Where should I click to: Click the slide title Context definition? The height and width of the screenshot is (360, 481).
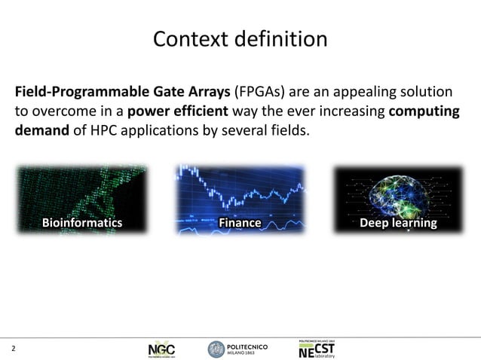pos(240,38)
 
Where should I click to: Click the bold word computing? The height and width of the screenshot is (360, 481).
pos(424,113)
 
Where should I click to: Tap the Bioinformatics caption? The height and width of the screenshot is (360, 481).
pos(81,224)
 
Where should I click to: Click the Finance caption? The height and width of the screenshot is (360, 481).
pos(240,224)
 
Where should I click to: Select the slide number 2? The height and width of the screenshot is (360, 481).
pos(13,349)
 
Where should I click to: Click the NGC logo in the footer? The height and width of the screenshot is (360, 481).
pos(164,350)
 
